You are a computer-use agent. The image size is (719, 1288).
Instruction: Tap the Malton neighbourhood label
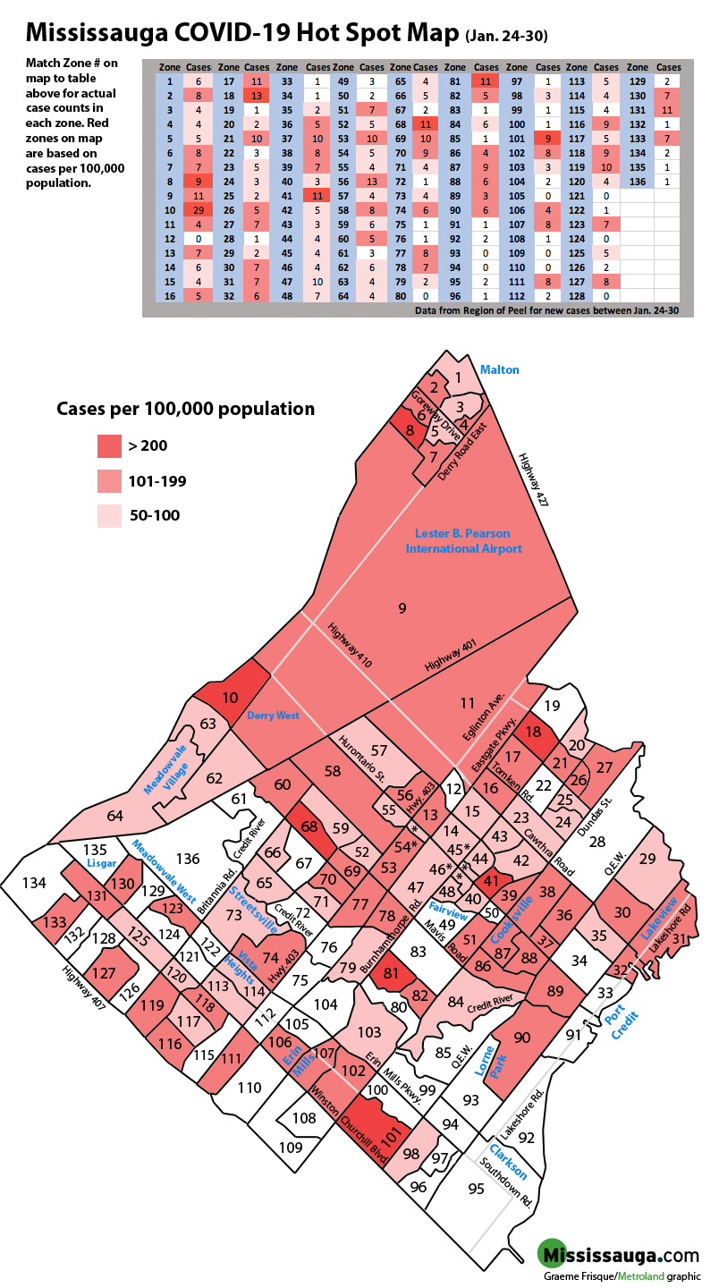click(499, 369)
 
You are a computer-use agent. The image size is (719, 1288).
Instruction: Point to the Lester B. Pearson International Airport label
click(463, 541)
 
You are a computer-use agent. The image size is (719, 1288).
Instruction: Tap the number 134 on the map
click(34, 884)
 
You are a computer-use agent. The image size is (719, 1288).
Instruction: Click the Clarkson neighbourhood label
click(507, 1162)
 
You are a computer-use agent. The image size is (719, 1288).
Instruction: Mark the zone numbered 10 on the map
click(230, 697)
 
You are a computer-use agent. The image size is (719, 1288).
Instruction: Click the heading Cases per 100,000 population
click(185, 409)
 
